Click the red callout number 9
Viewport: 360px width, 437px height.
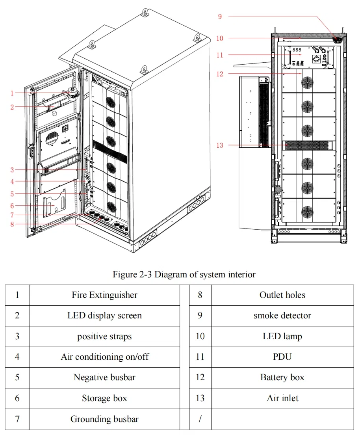pyautogui.click(x=220, y=17)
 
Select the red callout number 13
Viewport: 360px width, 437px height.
pyautogui.click(x=220, y=145)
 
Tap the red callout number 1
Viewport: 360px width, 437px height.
pyautogui.click(x=12, y=93)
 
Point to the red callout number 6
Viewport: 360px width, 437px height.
pyautogui.click(x=12, y=206)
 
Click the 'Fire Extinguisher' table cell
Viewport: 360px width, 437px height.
pyautogui.click(x=104, y=295)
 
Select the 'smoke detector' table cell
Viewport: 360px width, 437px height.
pyautogui.click(x=282, y=316)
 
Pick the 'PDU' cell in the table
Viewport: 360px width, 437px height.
pyautogui.click(x=282, y=357)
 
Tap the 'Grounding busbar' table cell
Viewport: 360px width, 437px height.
pyautogui.click(x=104, y=419)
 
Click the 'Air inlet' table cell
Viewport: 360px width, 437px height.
pyautogui.click(x=282, y=398)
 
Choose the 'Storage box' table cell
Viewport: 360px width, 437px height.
pyautogui.click(x=104, y=398)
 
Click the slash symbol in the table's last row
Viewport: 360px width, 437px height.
pyautogui.click(x=200, y=419)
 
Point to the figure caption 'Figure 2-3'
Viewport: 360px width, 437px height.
pyautogui.click(x=184, y=274)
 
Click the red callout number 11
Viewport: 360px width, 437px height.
pyautogui.click(x=220, y=55)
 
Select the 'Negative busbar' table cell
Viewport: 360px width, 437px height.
pyautogui.click(x=104, y=377)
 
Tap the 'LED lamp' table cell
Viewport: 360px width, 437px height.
pyautogui.click(x=282, y=336)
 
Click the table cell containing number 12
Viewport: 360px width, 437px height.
pyautogui.click(x=200, y=377)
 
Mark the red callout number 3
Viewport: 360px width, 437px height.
pyautogui.click(x=12, y=170)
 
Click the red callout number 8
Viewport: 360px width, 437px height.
pyautogui.click(x=12, y=224)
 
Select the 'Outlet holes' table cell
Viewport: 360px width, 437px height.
pyautogui.click(x=282, y=295)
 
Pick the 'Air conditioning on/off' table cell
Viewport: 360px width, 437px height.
pyautogui.click(x=104, y=357)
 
